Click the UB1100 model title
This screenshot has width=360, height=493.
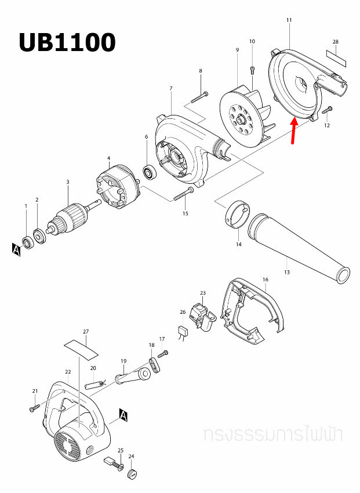67,42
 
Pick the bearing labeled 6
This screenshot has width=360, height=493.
151,172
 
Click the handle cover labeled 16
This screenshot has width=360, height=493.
253,310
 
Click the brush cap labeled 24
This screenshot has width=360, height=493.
132,474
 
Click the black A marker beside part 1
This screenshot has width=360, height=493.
16,249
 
